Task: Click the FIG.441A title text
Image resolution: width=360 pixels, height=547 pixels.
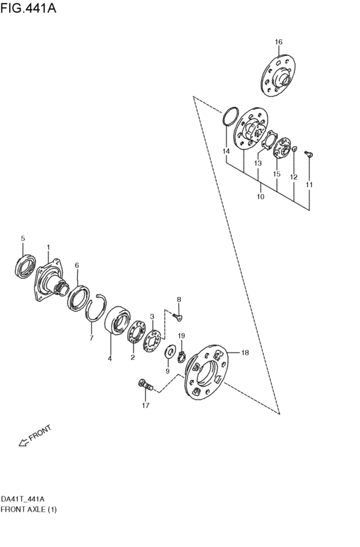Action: tap(28, 8)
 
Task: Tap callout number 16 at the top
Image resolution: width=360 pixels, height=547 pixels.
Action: tap(278, 42)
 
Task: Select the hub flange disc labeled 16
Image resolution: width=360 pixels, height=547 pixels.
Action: tap(278, 75)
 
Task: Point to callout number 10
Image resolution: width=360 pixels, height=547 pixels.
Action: tap(260, 197)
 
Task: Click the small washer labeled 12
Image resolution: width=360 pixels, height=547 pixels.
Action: tap(294, 149)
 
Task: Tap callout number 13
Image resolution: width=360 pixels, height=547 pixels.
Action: tap(258, 163)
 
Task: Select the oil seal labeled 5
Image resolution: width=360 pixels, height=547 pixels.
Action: tap(26, 267)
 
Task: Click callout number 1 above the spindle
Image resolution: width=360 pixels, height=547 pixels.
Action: tap(48, 247)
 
